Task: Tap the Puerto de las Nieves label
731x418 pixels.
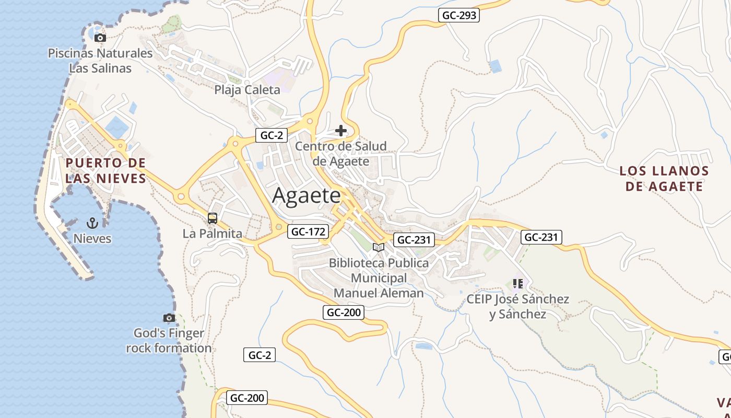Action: [x=105, y=171]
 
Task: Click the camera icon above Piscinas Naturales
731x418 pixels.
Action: [x=100, y=38]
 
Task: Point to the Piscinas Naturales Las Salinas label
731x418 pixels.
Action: [x=100, y=61]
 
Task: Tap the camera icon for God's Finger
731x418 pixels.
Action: [x=169, y=318]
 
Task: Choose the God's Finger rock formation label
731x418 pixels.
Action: [x=169, y=341]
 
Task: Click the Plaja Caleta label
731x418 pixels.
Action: [x=247, y=90]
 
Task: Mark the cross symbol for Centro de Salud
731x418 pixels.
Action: [x=341, y=130]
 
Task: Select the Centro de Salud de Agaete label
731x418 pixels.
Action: [x=341, y=154]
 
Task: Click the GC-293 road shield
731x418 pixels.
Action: [x=459, y=15]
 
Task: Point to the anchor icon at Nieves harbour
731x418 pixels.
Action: [x=92, y=223]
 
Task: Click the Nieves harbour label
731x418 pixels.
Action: [x=92, y=239]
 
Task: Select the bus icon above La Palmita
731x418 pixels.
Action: [x=213, y=218]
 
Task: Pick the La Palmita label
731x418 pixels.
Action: [x=213, y=234]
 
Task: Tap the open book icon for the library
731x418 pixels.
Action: [x=379, y=247]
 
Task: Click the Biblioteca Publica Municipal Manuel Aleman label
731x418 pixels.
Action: [x=379, y=278]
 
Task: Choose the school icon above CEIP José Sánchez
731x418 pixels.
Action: [x=517, y=284]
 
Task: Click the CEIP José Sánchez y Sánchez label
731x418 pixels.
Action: [x=517, y=307]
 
